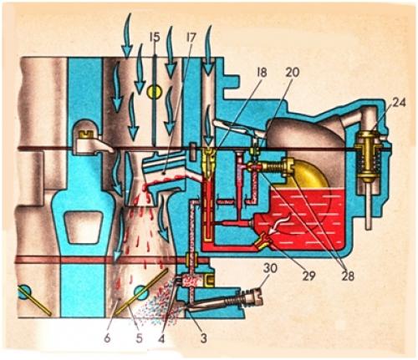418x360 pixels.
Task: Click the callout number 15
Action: tap(155, 37)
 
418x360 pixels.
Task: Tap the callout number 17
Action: tap(191, 37)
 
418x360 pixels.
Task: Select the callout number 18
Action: tap(262, 72)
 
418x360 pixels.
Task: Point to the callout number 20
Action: tap(293, 72)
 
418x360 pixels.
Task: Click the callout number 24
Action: tap(399, 103)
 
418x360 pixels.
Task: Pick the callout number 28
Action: tap(347, 276)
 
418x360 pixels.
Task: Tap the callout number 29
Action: tap(308, 276)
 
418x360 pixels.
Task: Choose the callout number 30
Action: tap(270, 268)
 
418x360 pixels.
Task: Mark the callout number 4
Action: tap(161, 338)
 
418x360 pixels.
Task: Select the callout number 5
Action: tap(139, 338)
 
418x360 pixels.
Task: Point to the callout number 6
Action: tap(107, 338)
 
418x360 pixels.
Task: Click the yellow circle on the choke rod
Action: tap(155, 92)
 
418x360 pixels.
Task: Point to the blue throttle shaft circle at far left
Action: tap(25, 292)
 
